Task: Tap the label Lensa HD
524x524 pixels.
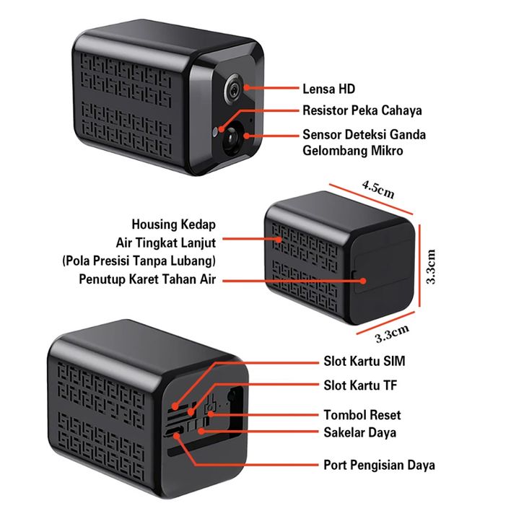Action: pos(328,89)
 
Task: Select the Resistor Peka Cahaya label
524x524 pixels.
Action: pos(362,110)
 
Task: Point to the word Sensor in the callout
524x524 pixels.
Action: pos(322,135)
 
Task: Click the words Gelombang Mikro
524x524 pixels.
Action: pos(352,151)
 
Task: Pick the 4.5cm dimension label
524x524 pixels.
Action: pos(378,190)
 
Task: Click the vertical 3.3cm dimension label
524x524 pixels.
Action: pos(431,266)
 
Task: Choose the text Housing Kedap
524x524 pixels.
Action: pos(173,224)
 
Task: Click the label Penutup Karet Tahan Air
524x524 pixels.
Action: pos(147,279)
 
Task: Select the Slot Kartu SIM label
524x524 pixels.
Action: pos(364,362)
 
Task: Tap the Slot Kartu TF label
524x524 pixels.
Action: pos(360,385)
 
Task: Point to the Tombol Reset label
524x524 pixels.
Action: pos(362,415)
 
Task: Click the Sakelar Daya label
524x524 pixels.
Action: pos(360,432)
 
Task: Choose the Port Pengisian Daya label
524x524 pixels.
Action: pos(379,465)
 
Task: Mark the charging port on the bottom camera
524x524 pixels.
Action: pos(173,431)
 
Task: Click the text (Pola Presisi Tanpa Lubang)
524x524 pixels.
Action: pos(139,261)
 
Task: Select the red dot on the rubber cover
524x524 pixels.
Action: pos(363,281)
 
